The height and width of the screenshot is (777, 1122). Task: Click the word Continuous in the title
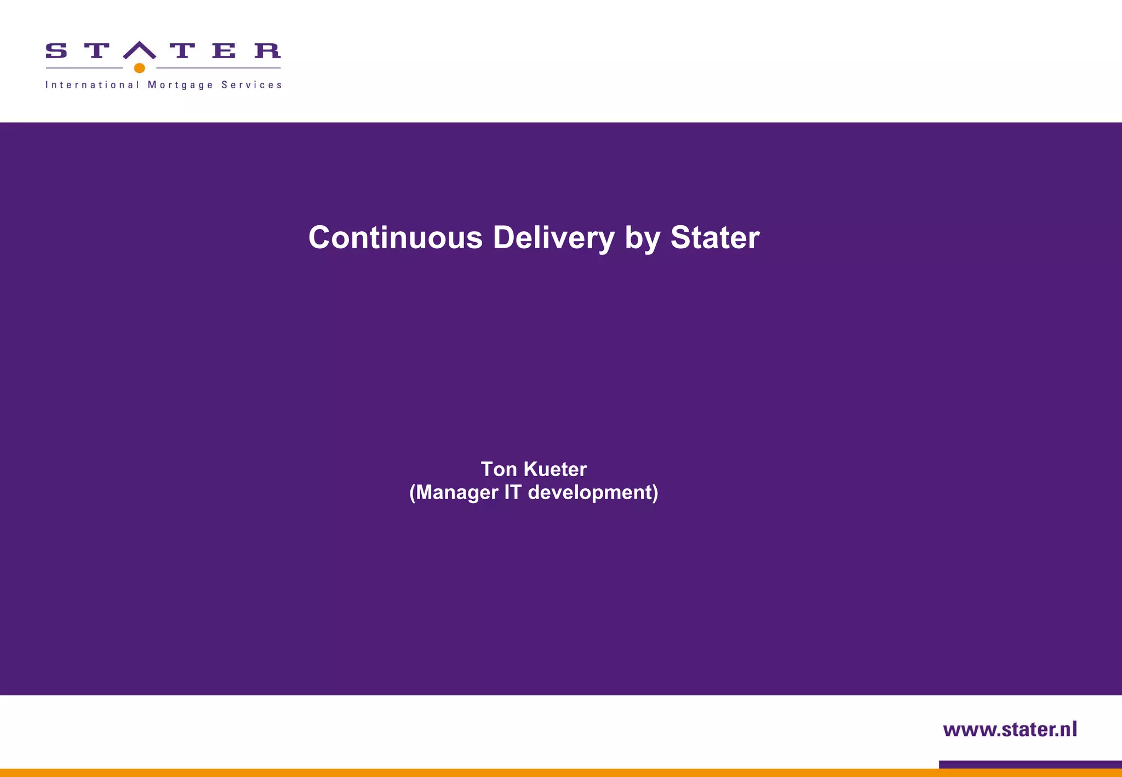396,238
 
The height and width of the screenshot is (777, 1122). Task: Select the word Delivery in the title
553,238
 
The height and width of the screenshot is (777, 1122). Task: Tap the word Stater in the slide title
714,238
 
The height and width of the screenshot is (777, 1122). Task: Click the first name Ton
499,469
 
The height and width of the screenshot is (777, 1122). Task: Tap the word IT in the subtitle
512,492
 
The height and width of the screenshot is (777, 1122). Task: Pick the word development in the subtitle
592,492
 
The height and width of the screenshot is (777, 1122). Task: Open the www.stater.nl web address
1010,729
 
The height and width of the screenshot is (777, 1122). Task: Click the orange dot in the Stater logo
139,68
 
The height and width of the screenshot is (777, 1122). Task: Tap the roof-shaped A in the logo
140,50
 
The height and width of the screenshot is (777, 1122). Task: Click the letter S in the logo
56,51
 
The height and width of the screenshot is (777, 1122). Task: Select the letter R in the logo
267,51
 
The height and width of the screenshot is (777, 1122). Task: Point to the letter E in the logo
224,51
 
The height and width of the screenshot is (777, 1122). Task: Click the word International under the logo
92,85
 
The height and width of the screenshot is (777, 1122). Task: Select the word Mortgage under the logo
180,85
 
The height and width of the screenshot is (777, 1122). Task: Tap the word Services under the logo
251,85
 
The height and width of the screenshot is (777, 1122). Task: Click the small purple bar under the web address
1030,764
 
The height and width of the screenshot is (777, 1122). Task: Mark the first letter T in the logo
96,51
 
